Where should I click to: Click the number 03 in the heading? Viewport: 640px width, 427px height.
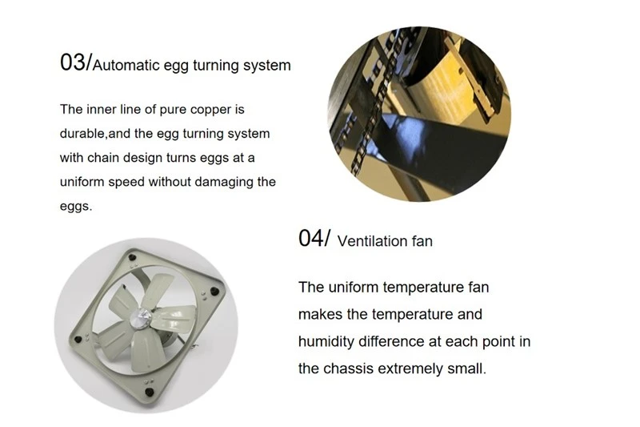(73, 62)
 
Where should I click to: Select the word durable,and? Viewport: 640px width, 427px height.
(95, 134)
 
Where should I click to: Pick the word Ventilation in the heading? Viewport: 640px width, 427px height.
(372, 241)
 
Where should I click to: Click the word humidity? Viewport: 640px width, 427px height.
(326, 341)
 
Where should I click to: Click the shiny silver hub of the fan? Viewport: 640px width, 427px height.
(141, 317)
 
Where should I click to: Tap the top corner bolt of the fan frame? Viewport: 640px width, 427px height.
(132, 258)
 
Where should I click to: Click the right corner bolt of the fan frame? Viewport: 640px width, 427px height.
(214, 292)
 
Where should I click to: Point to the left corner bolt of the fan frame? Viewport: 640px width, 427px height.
(78, 339)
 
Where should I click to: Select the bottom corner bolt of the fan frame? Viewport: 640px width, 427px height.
(150, 393)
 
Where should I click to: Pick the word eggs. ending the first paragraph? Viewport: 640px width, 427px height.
(76, 207)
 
